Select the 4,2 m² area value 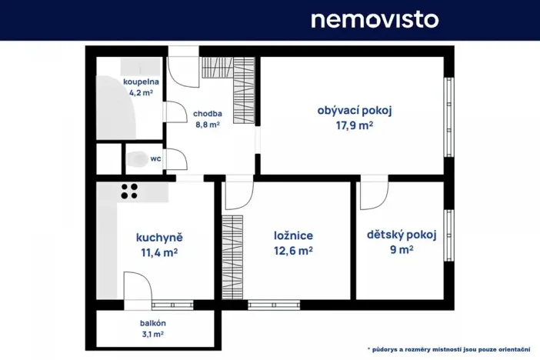(141, 93)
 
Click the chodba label (208, 112)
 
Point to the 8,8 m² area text (207, 124)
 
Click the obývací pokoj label (355, 110)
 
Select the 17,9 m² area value (355, 125)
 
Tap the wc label (155, 159)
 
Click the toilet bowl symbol (137, 159)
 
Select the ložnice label (293, 236)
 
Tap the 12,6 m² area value (293, 250)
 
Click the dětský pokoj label (401, 235)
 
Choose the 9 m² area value (401, 249)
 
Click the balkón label (153, 323)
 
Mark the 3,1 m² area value (153, 334)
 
